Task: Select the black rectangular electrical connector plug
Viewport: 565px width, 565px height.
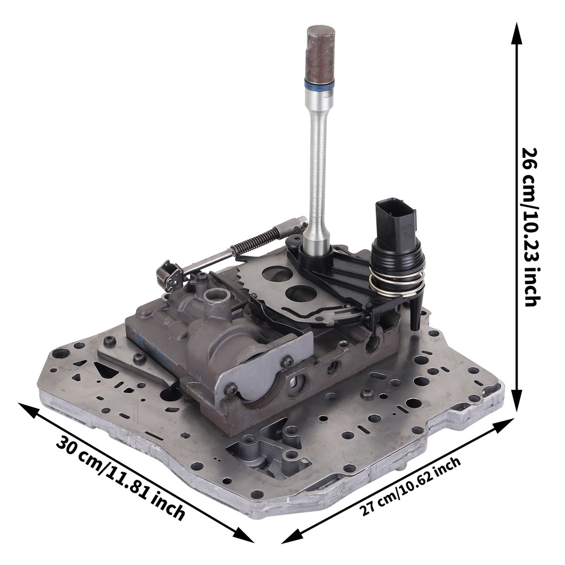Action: (x=395, y=221)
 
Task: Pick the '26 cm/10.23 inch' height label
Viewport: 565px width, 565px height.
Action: (x=530, y=227)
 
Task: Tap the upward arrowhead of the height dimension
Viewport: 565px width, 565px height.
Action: (x=517, y=34)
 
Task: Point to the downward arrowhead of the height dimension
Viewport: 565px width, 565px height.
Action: (x=518, y=399)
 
